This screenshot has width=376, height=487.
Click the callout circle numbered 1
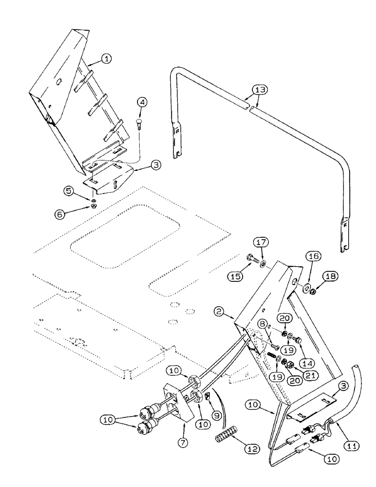tap(107, 59)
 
